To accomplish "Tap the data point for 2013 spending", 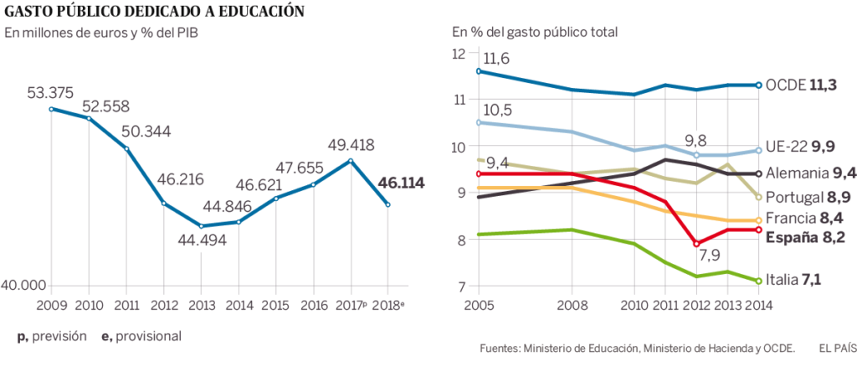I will [202, 226].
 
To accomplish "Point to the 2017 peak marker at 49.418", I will [351, 160].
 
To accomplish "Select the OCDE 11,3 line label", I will [801, 85].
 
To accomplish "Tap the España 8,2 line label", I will [802, 237].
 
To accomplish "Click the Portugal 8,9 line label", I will [801, 197].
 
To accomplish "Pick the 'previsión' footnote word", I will [60, 336].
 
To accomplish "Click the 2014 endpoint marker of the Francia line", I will [757, 220].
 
